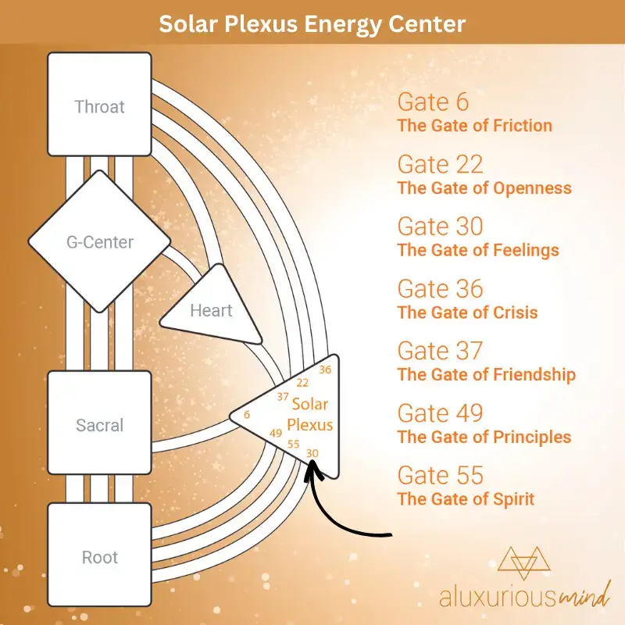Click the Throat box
click(100, 104)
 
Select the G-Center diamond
click(100, 241)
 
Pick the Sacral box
click(100, 423)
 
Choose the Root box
click(100, 555)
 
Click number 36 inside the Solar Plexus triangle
click(325, 370)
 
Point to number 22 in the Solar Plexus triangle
click(302, 383)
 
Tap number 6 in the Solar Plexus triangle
click(247, 415)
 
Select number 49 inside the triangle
click(276, 434)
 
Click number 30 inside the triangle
click(312, 454)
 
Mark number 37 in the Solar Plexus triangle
click(283, 397)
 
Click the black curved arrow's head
click(312, 466)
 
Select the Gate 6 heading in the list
click(433, 102)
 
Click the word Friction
click(523, 126)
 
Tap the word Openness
click(533, 188)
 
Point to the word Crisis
click(516, 312)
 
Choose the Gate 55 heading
click(441, 475)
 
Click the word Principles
click(532, 437)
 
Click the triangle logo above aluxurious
click(523, 562)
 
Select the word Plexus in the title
click(261, 23)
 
